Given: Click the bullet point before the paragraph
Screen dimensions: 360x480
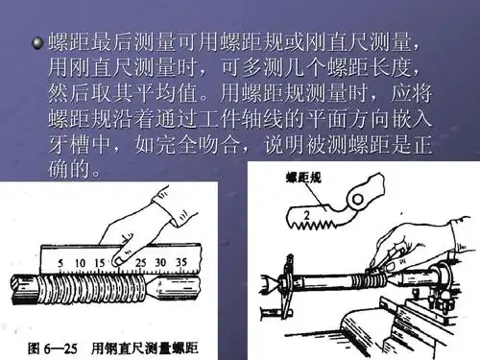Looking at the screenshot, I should pos(37,42).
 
